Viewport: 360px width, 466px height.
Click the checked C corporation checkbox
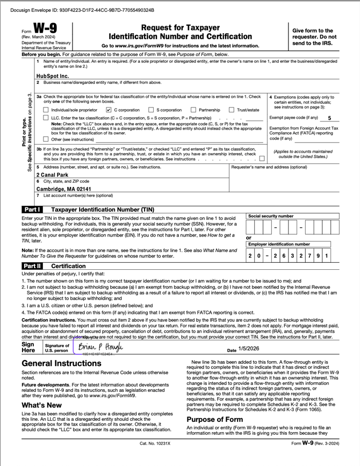(109, 110)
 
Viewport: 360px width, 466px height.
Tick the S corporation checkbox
(151, 110)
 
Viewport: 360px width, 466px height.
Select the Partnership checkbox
(193, 110)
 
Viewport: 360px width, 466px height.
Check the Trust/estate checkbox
(232, 110)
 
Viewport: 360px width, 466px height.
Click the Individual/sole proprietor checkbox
(46, 110)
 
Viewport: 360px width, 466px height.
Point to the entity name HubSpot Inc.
(53, 76)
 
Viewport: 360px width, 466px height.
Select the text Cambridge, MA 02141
(63, 189)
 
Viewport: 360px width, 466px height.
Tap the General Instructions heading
(61, 363)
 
